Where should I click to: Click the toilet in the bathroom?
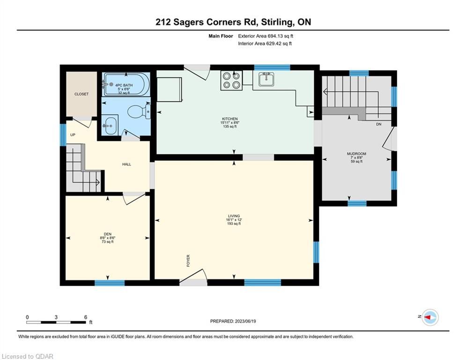(139, 112)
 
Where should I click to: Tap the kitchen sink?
(266, 79)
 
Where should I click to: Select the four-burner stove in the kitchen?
(231, 80)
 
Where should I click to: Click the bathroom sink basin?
(110, 126)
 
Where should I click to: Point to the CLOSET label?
(81, 94)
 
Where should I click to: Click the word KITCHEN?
(230, 119)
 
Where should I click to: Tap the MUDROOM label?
(356, 154)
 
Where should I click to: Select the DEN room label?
(108, 234)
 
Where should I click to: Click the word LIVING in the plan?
(234, 216)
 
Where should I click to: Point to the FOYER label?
(188, 261)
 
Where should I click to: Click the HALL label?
(126, 164)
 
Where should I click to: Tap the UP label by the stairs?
(73, 135)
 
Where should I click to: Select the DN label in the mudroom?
(378, 124)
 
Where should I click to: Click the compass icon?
(430, 317)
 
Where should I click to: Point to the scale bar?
(56, 322)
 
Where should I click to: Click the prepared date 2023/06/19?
(245, 321)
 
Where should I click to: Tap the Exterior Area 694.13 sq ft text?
(266, 36)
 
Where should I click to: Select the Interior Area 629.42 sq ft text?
(265, 44)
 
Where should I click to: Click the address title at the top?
(233, 22)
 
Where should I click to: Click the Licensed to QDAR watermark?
(27, 356)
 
